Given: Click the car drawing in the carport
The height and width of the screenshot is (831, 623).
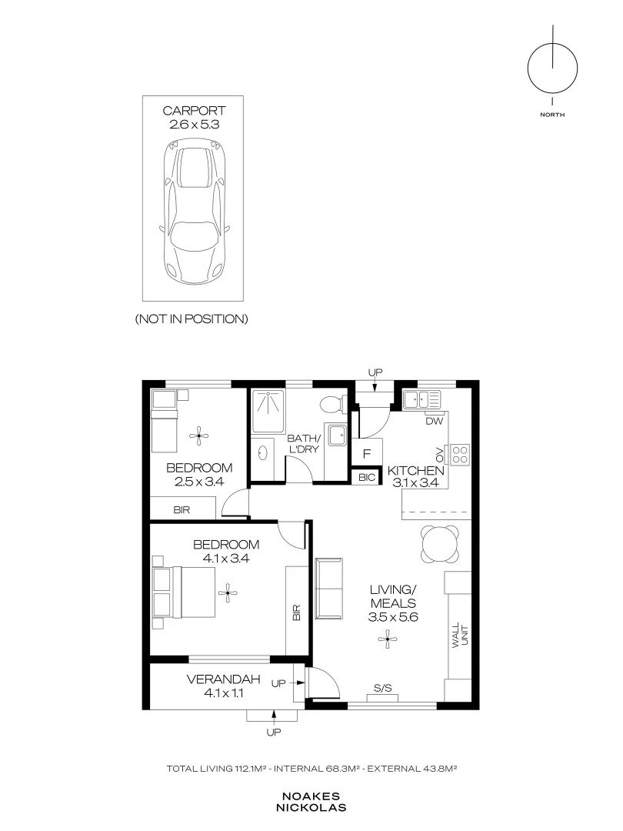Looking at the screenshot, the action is [x=194, y=212].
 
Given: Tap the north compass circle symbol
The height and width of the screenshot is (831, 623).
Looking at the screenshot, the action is [x=552, y=69].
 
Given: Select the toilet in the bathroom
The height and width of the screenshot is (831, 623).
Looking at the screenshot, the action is [x=331, y=405].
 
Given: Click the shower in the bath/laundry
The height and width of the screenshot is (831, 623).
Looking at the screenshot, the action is [x=268, y=411].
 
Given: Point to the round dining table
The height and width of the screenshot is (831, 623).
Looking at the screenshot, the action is [x=439, y=544].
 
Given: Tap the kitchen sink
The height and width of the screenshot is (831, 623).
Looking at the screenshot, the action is [x=421, y=399].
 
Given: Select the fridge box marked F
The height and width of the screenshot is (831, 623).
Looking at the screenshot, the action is [x=367, y=454].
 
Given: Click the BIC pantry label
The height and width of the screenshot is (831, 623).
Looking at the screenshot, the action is [x=367, y=478].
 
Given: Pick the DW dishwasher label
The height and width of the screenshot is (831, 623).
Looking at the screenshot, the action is [x=434, y=422].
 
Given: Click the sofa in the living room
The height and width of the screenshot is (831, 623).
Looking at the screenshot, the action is [x=329, y=589].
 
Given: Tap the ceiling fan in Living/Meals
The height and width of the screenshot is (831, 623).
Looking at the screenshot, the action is [x=388, y=639].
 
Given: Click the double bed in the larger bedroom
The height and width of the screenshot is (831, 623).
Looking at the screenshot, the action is [x=184, y=592].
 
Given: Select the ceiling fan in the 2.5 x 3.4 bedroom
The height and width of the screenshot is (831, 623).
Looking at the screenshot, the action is [x=199, y=436].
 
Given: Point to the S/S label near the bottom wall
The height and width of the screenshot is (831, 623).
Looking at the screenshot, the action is [x=382, y=689].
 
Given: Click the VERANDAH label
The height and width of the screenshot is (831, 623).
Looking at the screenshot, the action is [x=224, y=679].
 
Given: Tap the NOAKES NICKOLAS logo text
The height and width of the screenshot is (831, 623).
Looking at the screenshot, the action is [x=311, y=803].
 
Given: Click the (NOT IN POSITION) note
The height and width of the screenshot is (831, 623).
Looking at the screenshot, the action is [x=192, y=319].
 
